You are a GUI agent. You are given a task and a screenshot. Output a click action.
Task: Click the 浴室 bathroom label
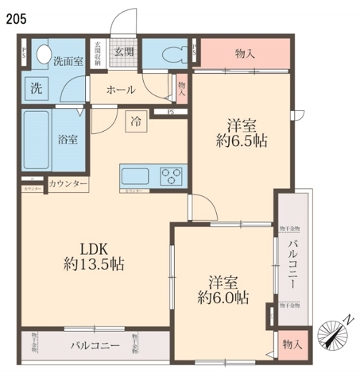click(68, 139)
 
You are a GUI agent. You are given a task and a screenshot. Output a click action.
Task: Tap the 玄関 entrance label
click(124, 52)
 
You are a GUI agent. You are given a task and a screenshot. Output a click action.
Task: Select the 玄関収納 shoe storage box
click(99, 53)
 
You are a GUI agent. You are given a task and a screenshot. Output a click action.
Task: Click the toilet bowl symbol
click(168, 54)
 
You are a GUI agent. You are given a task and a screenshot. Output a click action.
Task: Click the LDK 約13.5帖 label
click(93, 254)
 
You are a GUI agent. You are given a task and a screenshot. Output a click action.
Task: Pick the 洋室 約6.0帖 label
click(223, 290)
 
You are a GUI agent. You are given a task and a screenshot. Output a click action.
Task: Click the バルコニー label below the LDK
click(95, 346)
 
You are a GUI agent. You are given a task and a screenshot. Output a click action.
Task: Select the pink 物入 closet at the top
click(245, 53)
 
